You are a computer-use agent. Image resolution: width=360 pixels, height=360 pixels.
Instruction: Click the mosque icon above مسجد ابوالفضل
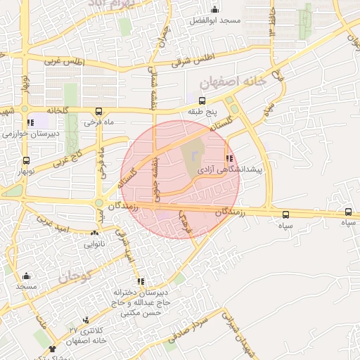pyautogui.click(x=214, y=10)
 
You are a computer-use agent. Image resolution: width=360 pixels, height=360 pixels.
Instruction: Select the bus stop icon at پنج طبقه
pyautogui.click(x=203, y=100)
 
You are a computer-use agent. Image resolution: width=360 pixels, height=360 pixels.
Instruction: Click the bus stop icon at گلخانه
pyautogui.click(x=98, y=110)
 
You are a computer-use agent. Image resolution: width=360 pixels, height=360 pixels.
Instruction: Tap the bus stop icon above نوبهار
pyautogui.click(x=26, y=160)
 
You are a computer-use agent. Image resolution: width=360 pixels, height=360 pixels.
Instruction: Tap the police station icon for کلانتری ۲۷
pyautogui.click(x=86, y=319)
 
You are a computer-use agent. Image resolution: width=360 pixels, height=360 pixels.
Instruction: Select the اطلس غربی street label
pyautogui.click(x=65, y=62)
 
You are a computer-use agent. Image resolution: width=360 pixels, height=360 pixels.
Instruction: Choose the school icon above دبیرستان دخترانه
pyautogui.click(x=140, y=281)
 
